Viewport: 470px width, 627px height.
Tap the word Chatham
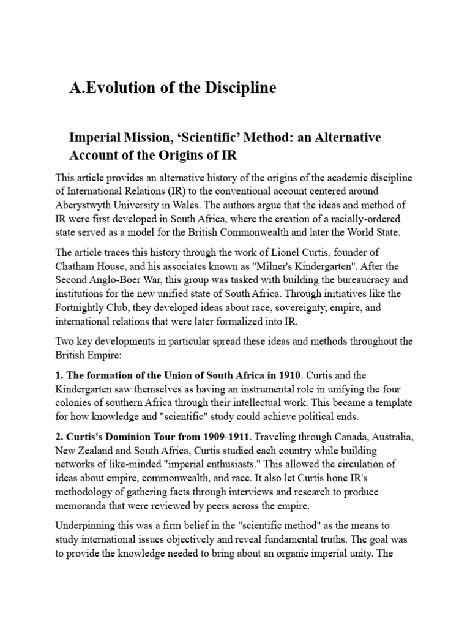76,267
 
